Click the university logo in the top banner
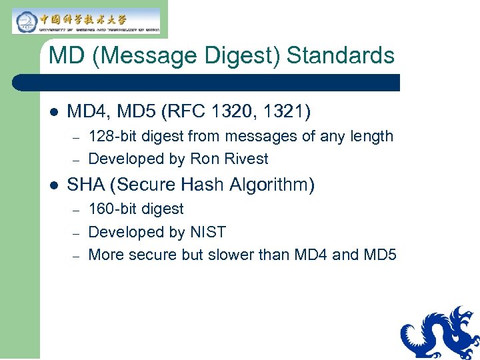click(86, 20)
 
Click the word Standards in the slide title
click(341, 55)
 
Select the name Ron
click(203, 159)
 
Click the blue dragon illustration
click(439, 333)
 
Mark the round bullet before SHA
click(53, 184)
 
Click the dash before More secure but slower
click(77, 255)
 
